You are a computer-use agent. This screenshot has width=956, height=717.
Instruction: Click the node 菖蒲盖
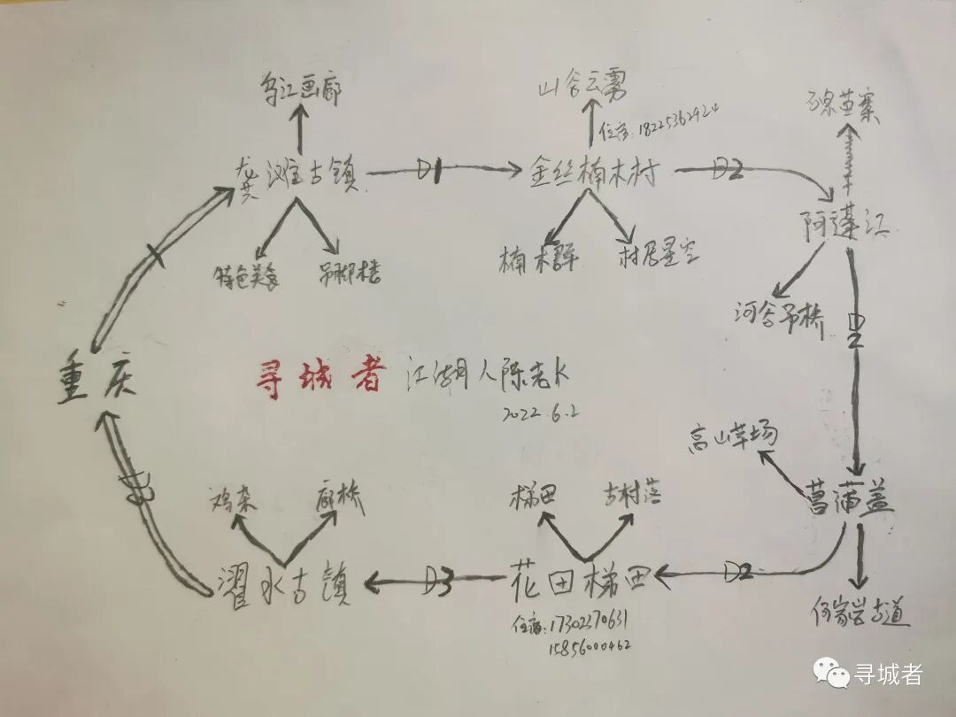[x=850, y=500]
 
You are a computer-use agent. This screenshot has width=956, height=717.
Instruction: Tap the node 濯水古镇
[x=284, y=585]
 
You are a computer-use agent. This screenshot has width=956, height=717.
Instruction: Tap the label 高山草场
[x=734, y=436]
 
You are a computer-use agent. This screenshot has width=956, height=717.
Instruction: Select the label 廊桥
[x=339, y=500]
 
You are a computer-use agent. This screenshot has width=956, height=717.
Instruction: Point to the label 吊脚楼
[x=350, y=273]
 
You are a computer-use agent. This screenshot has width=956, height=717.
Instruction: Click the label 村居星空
[x=659, y=256]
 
